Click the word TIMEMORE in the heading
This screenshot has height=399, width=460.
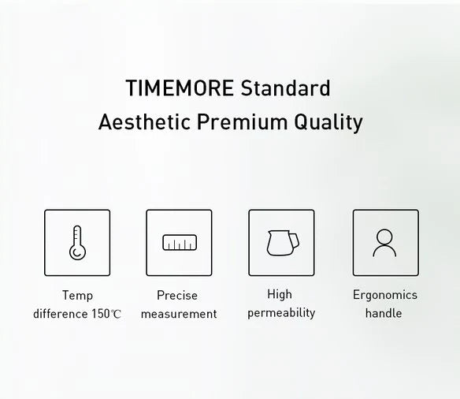pos(179,88)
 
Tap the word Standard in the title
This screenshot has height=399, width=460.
pos(284,88)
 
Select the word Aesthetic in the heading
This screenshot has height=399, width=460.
pos(146,123)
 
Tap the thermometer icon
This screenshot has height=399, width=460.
pos(77,242)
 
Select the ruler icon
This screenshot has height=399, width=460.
pos(179,243)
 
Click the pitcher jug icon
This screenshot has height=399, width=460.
pos(280,242)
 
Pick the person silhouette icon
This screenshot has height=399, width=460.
pos(384,242)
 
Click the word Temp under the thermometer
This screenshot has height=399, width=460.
pos(77,296)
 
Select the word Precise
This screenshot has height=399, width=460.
pos(177,296)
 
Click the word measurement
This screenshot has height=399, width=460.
pos(179,314)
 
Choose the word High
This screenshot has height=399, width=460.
pos(280,295)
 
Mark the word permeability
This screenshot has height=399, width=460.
pos(281,313)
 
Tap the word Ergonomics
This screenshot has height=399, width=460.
pos(385,296)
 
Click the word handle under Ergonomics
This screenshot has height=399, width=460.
pos(384,313)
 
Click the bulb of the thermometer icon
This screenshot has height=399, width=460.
pos(77,253)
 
